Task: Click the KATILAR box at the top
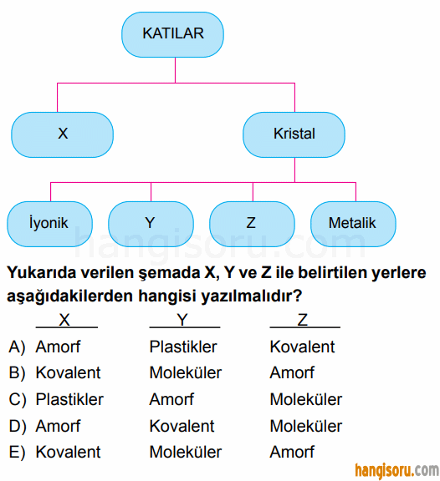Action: [172, 35]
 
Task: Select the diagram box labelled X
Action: [63, 134]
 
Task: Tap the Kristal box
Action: [294, 134]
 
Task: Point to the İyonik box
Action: [50, 224]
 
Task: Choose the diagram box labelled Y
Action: [151, 224]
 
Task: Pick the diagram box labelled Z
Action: [253, 224]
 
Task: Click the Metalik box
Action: [353, 224]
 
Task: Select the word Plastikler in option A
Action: [183, 347]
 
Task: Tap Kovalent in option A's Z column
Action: [302, 347]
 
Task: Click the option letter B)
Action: [18, 373]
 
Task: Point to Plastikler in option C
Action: [69, 399]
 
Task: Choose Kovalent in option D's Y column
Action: [182, 426]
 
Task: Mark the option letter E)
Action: [18, 452]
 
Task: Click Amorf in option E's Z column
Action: [292, 452]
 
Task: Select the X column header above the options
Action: [64, 320]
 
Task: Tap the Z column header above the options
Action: [303, 320]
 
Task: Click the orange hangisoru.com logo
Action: [397, 471]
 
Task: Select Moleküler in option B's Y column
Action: [185, 372]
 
